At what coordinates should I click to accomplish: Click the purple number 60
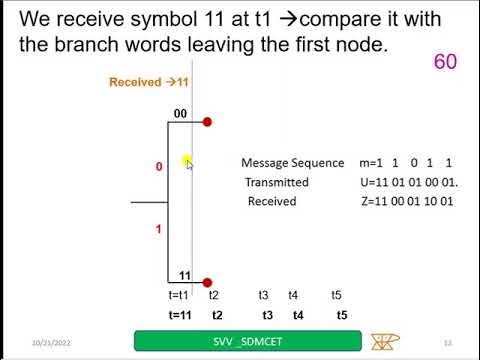[x=445, y=62]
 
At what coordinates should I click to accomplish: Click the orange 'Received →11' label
[x=149, y=82]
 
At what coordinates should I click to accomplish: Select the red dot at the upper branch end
[x=207, y=122]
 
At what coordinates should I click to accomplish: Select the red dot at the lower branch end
[x=207, y=283]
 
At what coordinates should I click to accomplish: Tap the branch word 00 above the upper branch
[x=181, y=114]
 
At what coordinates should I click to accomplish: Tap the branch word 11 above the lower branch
[x=184, y=275]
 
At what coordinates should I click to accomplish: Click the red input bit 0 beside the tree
[x=159, y=167]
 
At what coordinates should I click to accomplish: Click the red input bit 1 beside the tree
[x=158, y=229]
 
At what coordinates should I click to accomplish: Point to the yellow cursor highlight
[x=187, y=161]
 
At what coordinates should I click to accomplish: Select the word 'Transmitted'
[x=277, y=182]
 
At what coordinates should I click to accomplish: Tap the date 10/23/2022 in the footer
[x=51, y=341]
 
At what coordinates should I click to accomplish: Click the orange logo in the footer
[x=382, y=341]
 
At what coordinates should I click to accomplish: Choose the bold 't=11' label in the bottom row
[x=180, y=315]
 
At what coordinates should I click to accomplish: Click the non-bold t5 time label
[x=337, y=295]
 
